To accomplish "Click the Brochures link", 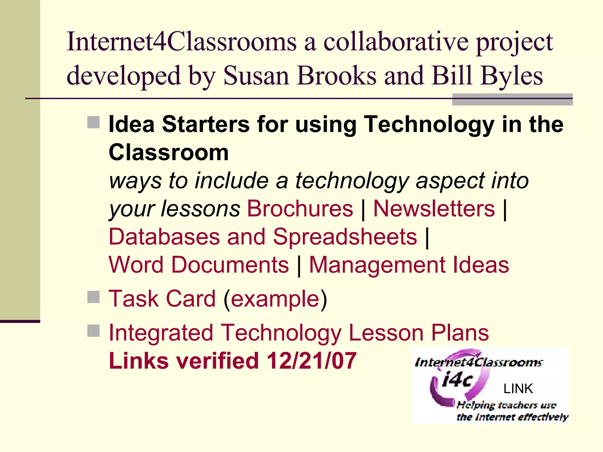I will (x=300, y=209).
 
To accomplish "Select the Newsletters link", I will (x=434, y=209).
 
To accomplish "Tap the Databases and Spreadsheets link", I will (x=263, y=237).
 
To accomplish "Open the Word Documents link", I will (x=199, y=265).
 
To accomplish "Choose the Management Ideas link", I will (x=409, y=265).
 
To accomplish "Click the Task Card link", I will (x=162, y=299).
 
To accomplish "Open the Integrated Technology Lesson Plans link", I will (x=299, y=333).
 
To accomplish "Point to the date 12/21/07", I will (x=312, y=361).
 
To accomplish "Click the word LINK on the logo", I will (x=518, y=389).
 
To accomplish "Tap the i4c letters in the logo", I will (x=457, y=380).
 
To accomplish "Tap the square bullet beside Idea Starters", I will (x=94, y=122).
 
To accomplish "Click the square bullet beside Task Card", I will (x=94, y=297).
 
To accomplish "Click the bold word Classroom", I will (x=169, y=152).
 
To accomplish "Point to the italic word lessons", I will (x=201, y=209).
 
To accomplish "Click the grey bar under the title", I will (x=512, y=99).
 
